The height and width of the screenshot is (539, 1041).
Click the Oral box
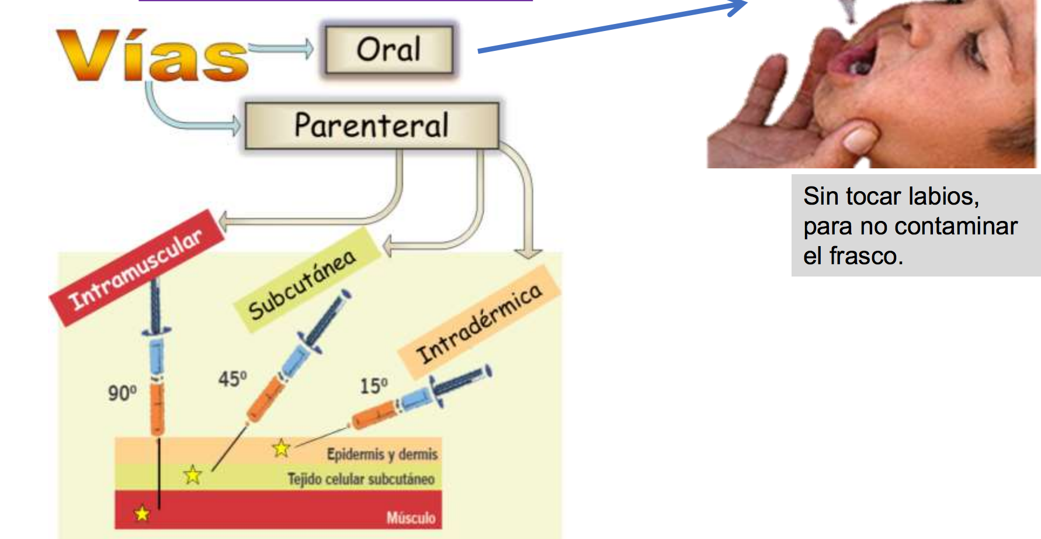pyautogui.click(x=389, y=50)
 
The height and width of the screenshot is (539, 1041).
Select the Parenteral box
pyautogui.click(x=372, y=126)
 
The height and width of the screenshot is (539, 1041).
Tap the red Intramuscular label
pyautogui.click(x=137, y=268)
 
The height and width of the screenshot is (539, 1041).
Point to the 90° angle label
pyautogui.click(x=122, y=392)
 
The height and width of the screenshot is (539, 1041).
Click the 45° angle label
pyautogui.click(x=233, y=379)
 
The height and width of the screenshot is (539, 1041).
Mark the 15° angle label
pyautogui.click(x=373, y=386)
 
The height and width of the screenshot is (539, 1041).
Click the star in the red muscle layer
pyautogui.click(x=142, y=514)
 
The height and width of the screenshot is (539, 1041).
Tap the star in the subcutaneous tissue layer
pyautogui.click(x=193, y=475)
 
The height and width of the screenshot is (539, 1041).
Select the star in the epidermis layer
pyautogui.click(x=281, y=448)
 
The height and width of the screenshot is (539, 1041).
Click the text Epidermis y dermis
pyautogui.click(x=382, y=454)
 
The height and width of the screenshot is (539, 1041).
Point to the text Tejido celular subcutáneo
pyautogui.click(x=361, y=479)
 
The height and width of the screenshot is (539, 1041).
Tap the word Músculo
pyautogui.click(x=411, y=517)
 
